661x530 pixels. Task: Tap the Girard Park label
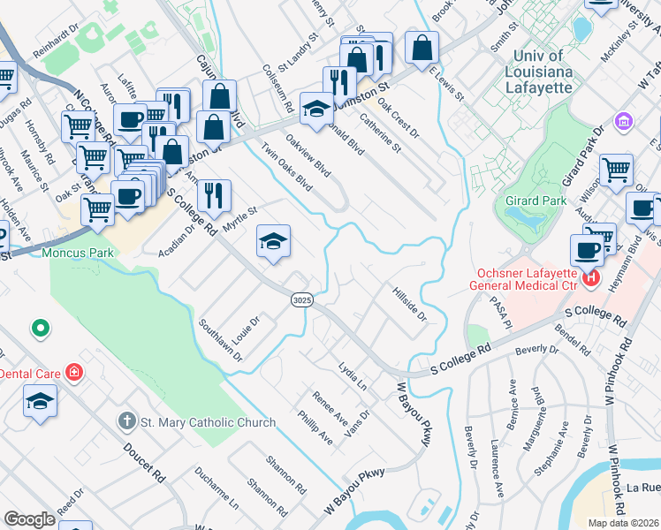536,201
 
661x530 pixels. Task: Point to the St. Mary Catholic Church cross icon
128,422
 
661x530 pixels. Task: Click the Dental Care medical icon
74,374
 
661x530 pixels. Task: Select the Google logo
29,519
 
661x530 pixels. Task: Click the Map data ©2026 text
623,523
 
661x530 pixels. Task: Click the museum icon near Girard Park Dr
622,119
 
